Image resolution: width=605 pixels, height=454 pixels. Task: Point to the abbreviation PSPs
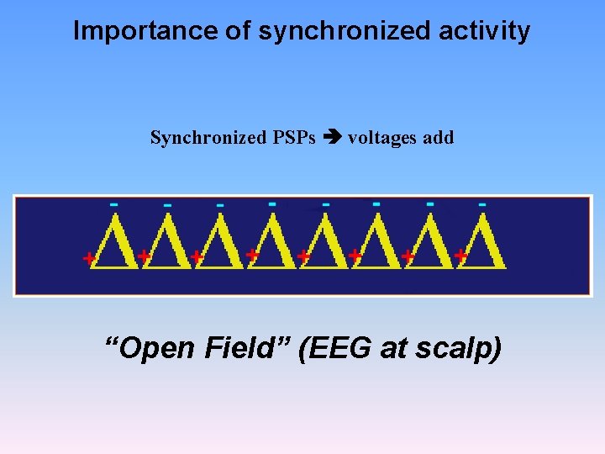pos(292,137)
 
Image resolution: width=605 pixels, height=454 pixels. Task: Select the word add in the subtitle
pos(438,137)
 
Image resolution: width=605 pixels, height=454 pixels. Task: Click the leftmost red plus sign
pos(87,259)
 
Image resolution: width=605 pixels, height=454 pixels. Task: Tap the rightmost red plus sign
pos(460,252)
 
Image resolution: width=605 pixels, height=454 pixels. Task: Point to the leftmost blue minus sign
pos(114,204)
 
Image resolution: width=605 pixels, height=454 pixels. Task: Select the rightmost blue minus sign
pos(481,203)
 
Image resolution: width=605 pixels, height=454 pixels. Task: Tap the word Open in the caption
pos(154,347)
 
